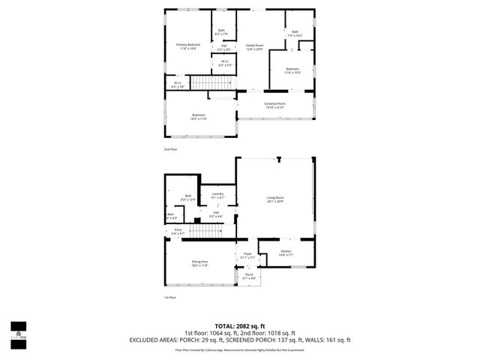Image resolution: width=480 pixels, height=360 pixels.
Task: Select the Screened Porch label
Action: pos(274,105)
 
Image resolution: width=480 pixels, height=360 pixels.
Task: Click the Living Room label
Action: pos(275,199)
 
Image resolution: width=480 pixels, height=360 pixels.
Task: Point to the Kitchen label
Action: pos(286,252)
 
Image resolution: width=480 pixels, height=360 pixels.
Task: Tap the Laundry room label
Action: pos(218,196)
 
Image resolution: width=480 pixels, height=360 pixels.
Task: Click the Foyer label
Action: pos(246,256)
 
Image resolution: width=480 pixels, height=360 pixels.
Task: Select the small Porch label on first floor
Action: pos(249,276)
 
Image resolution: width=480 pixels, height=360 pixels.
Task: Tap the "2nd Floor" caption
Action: pos(171,149)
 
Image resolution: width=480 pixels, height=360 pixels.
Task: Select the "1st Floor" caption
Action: pos(170,298)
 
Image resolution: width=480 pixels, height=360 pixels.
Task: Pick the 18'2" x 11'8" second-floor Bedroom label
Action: pos(198,116)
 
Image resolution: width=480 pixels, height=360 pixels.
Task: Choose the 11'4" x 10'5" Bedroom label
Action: pos(292,71)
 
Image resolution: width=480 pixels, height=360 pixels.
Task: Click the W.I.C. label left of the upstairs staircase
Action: pos(178,85)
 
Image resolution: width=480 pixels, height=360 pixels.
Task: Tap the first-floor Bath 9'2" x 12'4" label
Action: pos(187,198)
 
